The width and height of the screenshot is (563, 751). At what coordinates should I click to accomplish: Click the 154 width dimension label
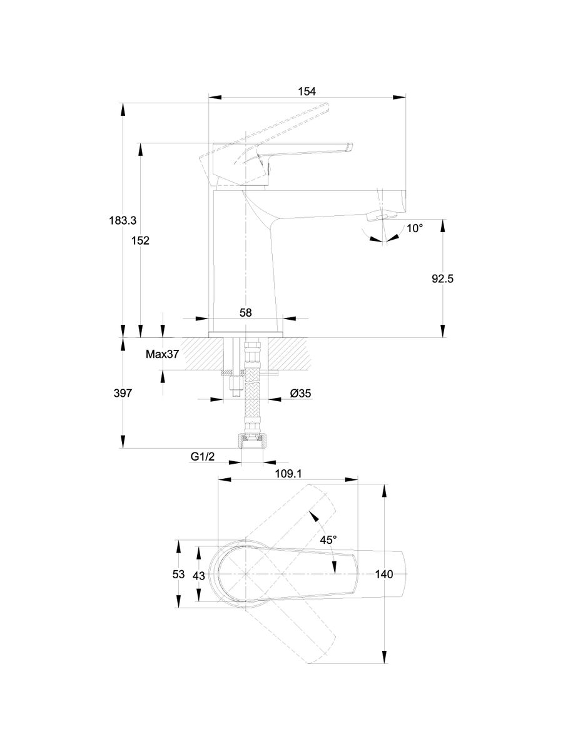307,92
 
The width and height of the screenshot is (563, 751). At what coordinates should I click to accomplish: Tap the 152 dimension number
141,240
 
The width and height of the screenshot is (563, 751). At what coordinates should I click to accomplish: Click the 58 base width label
245,312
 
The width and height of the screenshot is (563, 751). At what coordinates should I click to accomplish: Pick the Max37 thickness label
163,354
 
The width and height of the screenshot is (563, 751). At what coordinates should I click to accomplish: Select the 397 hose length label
123,393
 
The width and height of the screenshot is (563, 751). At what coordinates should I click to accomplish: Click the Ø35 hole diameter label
301,393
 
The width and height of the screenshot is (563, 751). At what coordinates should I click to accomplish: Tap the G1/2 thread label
203,457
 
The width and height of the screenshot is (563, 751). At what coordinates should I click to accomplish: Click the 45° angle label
328,539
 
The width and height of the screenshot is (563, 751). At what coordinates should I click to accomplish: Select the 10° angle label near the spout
415,229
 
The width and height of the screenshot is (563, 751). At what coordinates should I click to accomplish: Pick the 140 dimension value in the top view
384,575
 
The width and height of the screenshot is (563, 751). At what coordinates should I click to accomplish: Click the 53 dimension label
178,574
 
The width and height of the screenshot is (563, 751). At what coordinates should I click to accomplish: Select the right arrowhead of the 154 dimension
400,97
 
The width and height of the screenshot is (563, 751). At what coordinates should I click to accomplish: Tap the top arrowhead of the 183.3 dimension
123,107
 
